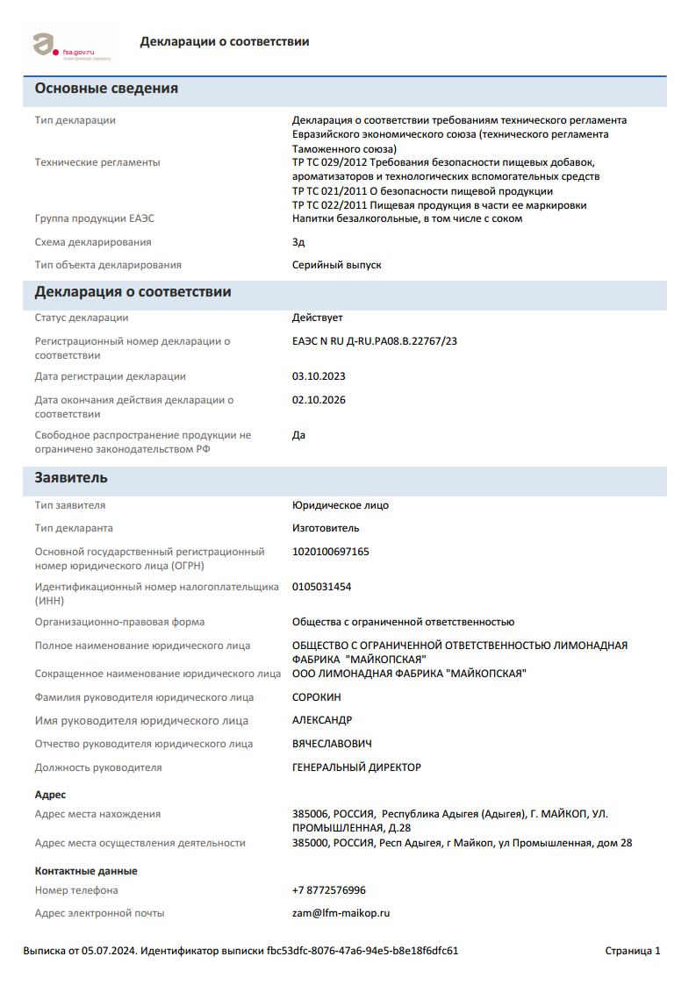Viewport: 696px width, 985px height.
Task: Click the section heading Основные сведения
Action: [106, 89]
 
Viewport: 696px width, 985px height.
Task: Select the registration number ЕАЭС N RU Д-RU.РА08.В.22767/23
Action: [375, 341]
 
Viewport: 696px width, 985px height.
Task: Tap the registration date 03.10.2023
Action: [319, 376]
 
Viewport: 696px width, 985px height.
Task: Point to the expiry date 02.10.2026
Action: [319, 400]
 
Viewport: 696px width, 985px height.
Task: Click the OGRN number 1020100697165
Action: [331, 552]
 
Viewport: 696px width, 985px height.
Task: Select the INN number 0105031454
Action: [321, 587]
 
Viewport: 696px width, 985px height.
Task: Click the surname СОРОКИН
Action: [317, 697]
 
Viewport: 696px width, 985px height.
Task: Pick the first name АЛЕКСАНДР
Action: [322, 720]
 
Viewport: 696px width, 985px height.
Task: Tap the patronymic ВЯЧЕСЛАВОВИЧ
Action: [332, 744]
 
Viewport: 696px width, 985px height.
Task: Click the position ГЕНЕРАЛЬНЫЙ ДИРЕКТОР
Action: [356, 767]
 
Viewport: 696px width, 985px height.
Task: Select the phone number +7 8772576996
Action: [329, 890]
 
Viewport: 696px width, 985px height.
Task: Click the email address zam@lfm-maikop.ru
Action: [341, 913]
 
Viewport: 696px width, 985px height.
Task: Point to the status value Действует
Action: [318, 318]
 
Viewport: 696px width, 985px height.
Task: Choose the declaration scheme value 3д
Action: [298, 242]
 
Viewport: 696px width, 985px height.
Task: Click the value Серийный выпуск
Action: [337, 265]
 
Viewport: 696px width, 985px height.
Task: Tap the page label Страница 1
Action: [633, 951]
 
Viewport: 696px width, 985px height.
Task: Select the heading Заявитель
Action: [71, 478]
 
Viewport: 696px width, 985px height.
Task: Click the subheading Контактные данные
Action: [86, 871]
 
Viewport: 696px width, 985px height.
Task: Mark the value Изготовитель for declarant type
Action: [326, 528]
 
